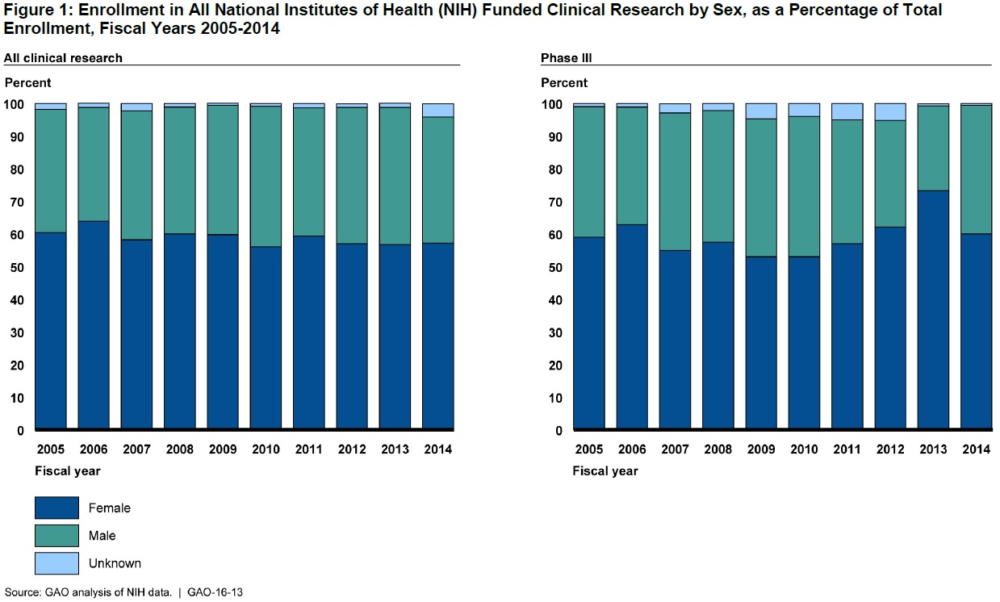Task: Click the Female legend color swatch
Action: [56, 508]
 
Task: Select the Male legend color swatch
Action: [56, 536]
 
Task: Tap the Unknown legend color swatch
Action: [56, 563]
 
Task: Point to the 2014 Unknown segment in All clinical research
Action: [437, 111]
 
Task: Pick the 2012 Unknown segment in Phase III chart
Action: [890, 112]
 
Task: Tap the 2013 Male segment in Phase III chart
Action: [933, 148]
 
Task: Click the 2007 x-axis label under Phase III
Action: [675, 449]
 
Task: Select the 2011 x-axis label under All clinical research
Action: [308, 449]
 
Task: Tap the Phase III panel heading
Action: [560, 58]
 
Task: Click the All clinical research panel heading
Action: [63, 58]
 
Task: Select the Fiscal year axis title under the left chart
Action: [68, 471]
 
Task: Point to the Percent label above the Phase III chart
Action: [564, 83]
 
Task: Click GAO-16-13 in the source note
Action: [215, 592]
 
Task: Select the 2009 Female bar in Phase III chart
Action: [761, 342]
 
